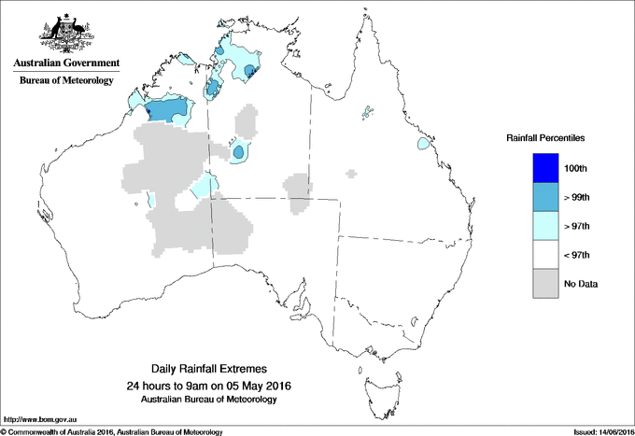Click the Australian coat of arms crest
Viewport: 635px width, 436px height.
[64, 34]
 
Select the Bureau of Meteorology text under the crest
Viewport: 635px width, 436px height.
[65, 81]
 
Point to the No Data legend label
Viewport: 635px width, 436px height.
[582, 284]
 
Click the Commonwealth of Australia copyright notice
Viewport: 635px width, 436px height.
[112, 431]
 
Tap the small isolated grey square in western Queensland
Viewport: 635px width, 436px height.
[351, 173]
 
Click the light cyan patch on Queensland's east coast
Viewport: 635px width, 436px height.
[425, 145]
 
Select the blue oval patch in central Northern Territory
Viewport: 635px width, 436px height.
[239, 150]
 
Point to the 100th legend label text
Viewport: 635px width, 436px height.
[576, 168]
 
